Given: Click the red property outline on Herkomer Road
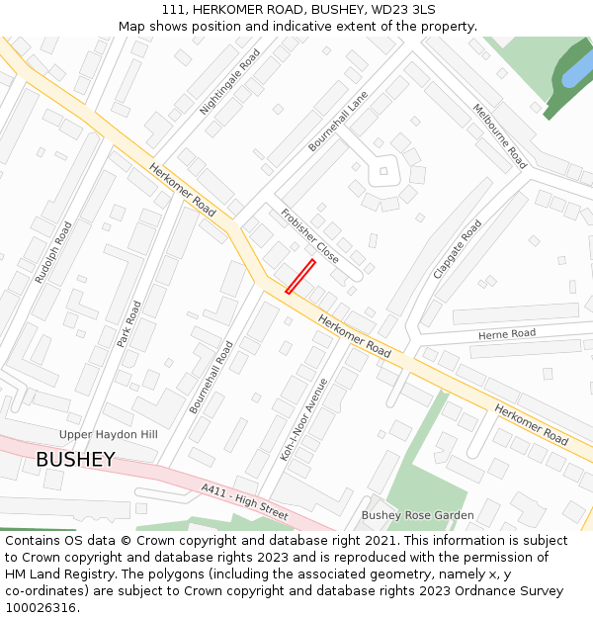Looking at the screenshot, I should tap(300, 276).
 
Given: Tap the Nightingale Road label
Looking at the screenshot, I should tap(230, 81).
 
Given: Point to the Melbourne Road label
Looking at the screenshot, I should tap(500, 136).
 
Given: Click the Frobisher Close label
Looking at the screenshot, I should tap(309, 235).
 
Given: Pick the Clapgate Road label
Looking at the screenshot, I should tap(458, 248).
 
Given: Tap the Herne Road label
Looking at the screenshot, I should tap(507, 334).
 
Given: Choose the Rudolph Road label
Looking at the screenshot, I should tap(53, 252).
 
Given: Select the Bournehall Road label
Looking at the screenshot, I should tap(212, 378).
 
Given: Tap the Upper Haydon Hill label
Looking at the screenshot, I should tap(108, 435).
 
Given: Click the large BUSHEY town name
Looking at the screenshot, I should tap(75, 460).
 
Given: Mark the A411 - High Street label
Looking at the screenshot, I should tap(243, 502).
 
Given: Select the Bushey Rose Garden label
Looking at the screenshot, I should tap(417, 515).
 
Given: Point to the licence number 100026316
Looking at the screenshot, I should tap(41, 608).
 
